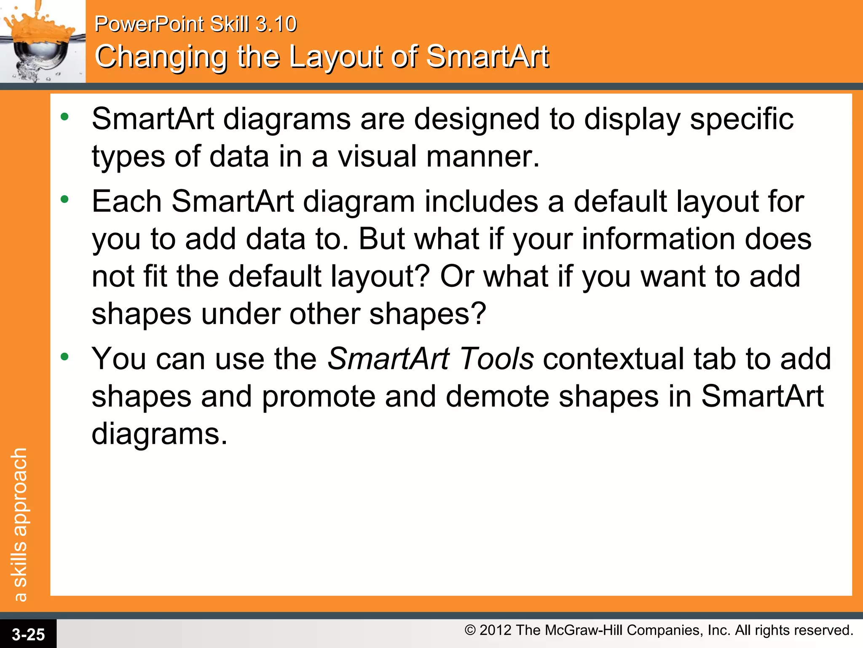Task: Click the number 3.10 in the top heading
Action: tap(276, 24)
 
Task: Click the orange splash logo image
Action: tap(42, 41)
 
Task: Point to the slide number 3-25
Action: tap(28, 634)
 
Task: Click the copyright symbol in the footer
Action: tap(470, 630)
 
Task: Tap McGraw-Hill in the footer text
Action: tap(583, 630)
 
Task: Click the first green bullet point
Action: tap(64, 117)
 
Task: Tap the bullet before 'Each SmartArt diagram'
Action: tap(64, 199)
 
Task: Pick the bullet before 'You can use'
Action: tap(64, 357)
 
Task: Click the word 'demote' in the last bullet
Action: tap(497, 397)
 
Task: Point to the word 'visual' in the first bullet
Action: tap(377, 157)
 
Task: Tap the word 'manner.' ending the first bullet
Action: tap(483, 157)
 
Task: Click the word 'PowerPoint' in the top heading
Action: tap(149, 24)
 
